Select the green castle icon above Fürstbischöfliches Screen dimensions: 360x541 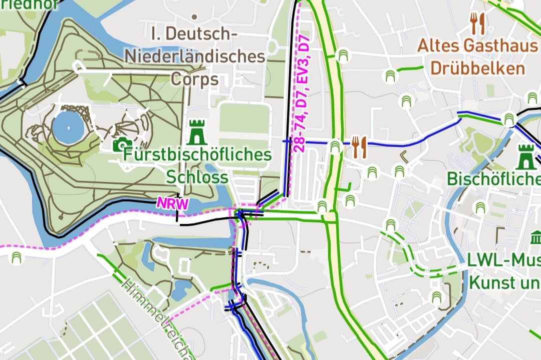[x=197, y=132]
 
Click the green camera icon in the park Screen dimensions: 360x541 [x=120, y=145]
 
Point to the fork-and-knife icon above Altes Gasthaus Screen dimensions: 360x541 [x=477, y=23]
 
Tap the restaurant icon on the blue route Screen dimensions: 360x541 [x=359, y=147]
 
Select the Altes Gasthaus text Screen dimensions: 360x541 [x=477, y=46]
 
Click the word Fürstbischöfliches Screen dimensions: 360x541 [x=197, y=155]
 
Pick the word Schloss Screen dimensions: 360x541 [x=197, y=177]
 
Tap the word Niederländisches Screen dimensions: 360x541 [x=194, y=56]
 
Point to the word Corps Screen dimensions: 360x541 [x=195, y=79]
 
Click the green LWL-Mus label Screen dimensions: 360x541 [x=503, y=260]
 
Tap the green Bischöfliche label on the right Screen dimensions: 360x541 [x=493, y=178]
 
